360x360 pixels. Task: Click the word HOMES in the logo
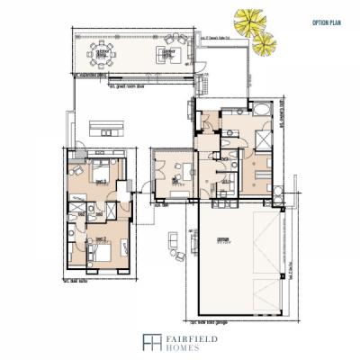[x=176, y=346]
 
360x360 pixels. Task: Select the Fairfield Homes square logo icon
[x=148, y=341]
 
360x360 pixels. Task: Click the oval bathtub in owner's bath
[x=260, y=109]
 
